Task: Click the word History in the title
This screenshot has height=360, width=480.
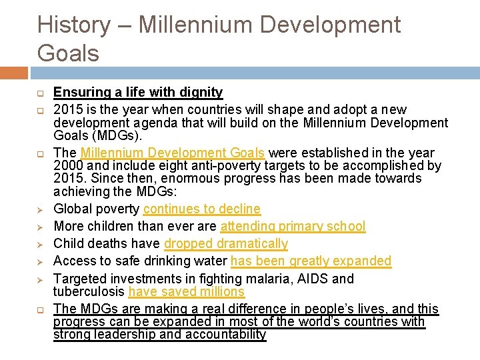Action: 73,25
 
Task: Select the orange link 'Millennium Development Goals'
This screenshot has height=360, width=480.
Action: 172,153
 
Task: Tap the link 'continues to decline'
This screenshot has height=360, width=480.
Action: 201,209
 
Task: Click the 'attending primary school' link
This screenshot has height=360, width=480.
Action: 293,227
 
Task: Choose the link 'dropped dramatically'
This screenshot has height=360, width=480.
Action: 226,244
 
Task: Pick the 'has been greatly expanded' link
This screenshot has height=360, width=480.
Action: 311,261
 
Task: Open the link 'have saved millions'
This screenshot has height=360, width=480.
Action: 187,292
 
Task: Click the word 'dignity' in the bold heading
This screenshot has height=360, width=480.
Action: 200,92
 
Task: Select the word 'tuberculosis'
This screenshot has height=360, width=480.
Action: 89,292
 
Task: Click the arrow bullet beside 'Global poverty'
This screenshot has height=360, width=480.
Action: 41,209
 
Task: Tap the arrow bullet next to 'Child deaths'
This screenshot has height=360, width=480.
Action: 41,244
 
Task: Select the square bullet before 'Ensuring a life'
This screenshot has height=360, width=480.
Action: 41,93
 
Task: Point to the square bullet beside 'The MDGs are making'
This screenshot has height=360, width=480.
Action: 41,309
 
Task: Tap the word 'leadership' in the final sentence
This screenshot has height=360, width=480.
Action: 123,335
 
